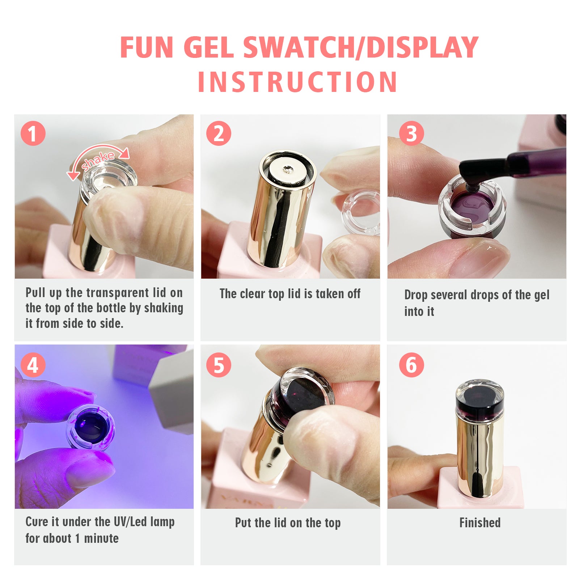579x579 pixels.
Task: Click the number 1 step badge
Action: tap(33, 133)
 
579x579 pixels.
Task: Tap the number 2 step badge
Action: tap(219, 133)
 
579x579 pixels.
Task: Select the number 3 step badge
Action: tap(411, 133)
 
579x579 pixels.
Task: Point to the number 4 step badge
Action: tap(33, 365)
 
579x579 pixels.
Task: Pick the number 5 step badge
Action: tap(219, 365)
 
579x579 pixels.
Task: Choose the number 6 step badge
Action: tap(411, 365)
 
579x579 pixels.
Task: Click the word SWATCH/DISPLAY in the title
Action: tap(361, 47)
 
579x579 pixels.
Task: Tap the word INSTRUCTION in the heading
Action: tap(297, 82)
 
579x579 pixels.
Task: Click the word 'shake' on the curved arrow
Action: tap(98, 160)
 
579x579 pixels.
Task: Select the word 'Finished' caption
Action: tap(480, 523)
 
